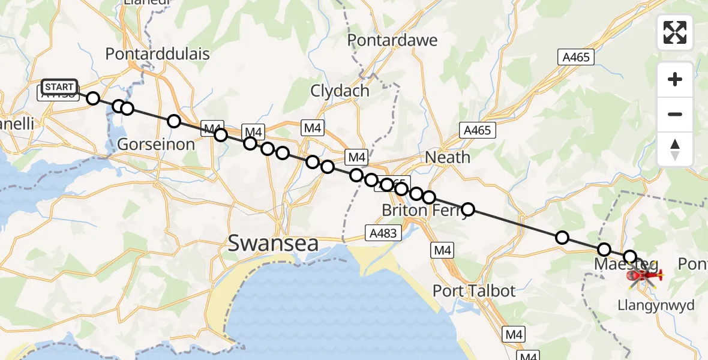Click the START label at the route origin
[x=60, y=87]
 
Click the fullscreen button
[x=675, y=32]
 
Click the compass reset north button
[x=675, y=149]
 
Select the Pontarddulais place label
[x=157, y=53]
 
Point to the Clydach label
[x=340, y=91]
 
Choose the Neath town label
[x=448, y=157]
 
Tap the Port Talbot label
[x=475, y=291]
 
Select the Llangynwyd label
[x=655, y=305]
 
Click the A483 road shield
[x=383, y=233]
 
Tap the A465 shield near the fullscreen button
[x=576, y=57]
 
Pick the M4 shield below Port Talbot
[x=514, y=334]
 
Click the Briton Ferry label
[x=414, y=211]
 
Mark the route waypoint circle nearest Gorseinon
[x=174, y=122]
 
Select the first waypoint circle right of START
[x=93, y=98]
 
